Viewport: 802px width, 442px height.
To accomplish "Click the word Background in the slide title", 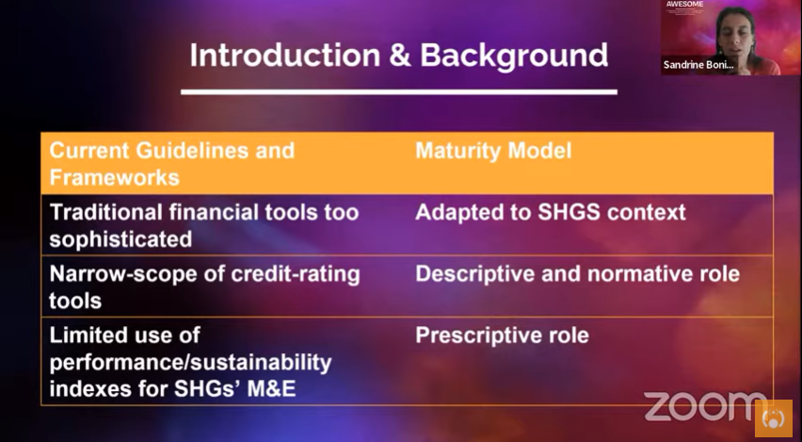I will pos(513,55).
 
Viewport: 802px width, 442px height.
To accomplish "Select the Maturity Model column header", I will pos(493,151).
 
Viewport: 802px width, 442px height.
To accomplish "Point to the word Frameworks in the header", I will pos(114,177).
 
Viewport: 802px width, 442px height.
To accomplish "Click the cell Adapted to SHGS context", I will pos(551,212).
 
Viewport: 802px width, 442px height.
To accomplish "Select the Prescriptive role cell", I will pos(502,336).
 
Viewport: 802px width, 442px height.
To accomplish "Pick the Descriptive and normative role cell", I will pos(577,274).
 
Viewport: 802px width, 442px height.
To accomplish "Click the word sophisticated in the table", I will pos(120,239).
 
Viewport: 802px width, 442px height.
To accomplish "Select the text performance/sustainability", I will pos(190,362).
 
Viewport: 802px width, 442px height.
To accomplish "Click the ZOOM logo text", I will pos(704,407).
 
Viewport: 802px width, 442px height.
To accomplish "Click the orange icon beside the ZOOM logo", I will pos(774,417).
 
